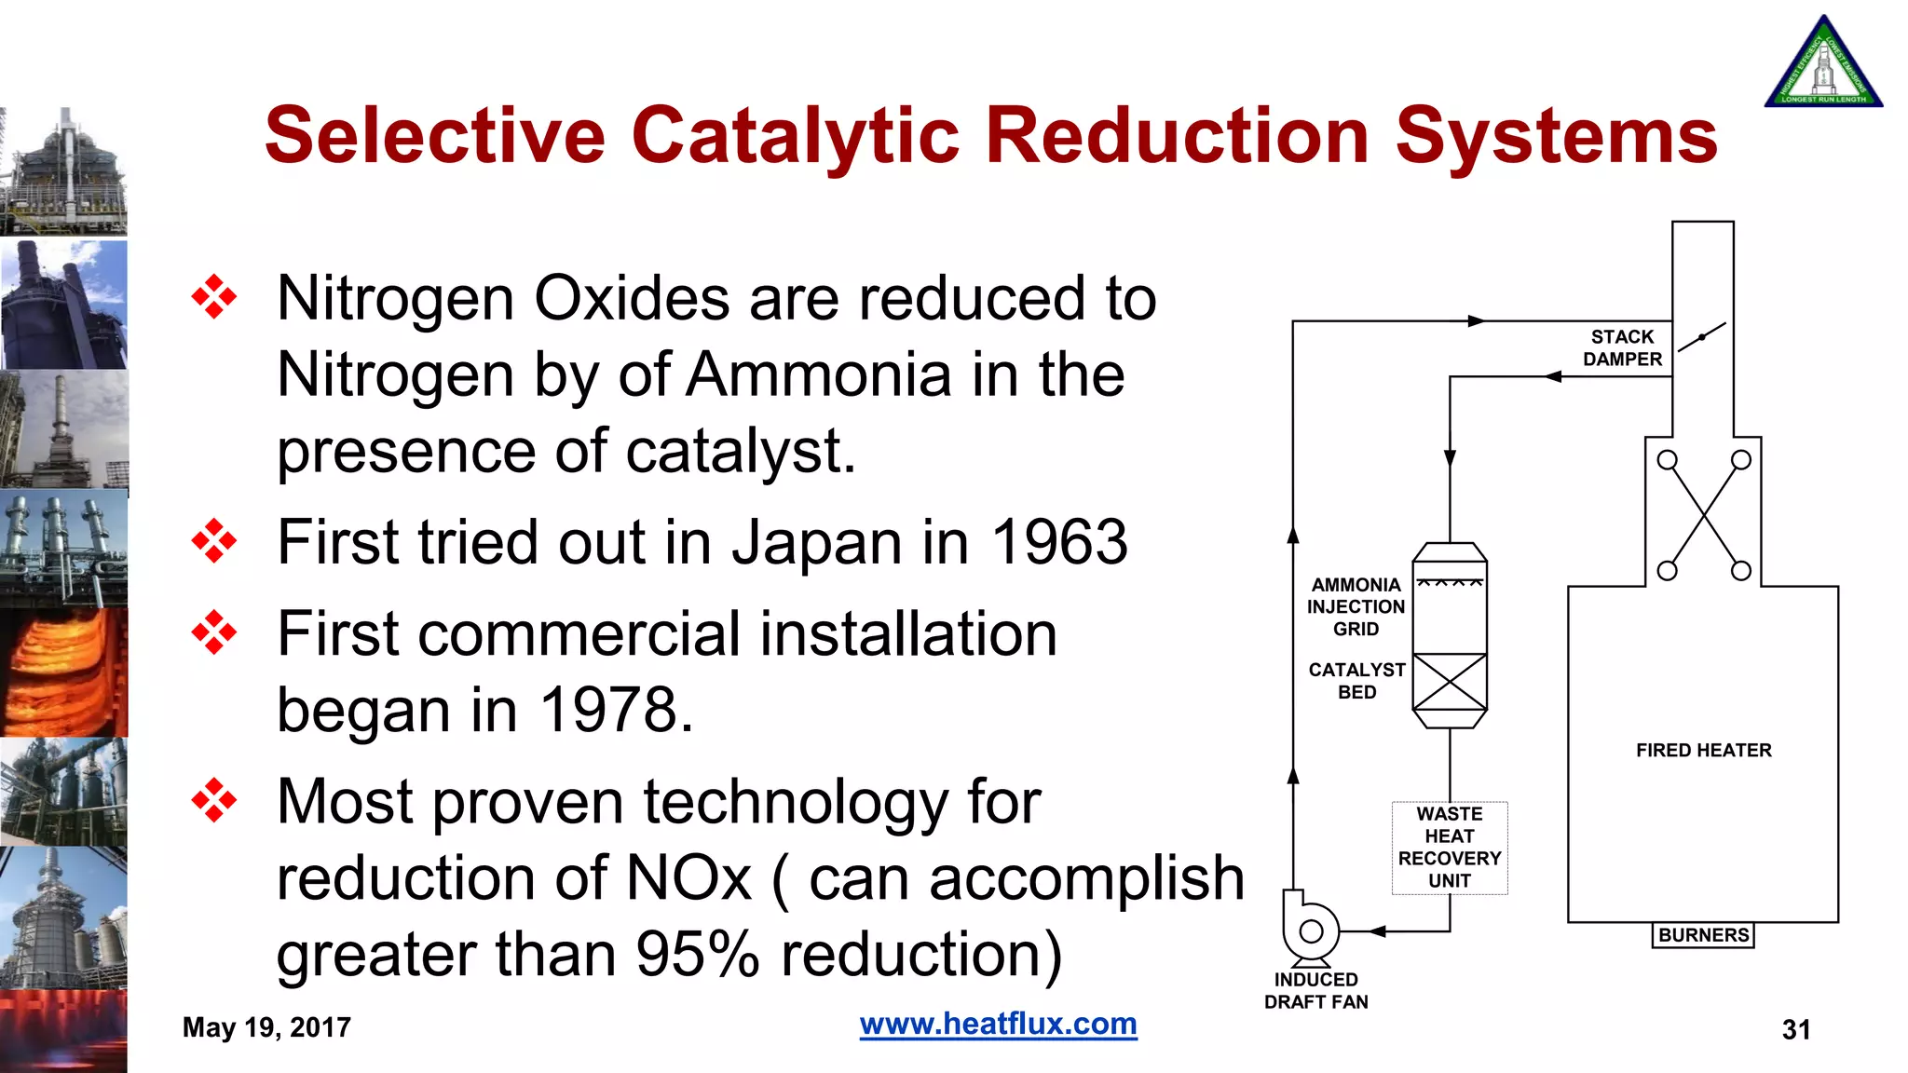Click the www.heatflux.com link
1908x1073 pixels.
coord(998,1024)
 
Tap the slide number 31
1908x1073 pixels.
coord(1795,1029)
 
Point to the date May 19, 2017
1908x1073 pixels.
coord(266,1027)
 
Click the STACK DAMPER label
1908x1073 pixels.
coord(1622,347)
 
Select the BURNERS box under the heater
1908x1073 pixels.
coord(1703,935)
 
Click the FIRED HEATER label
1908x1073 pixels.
coord(1703,750)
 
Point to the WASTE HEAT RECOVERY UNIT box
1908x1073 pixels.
coord(1450,848)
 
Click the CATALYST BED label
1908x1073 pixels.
coord(1356,681)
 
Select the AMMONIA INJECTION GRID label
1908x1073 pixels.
coord(1356,606)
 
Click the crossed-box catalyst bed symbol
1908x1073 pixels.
coord(1450,683)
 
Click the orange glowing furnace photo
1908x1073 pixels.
coord(63,672)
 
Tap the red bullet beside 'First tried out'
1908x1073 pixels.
coord(214,542)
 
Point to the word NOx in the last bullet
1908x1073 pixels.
coord(688,877)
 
